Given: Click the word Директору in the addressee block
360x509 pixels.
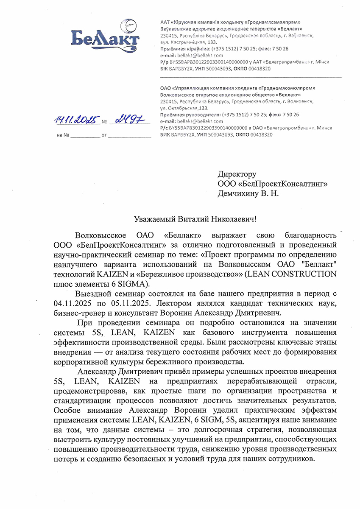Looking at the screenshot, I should click(x=237, y=174).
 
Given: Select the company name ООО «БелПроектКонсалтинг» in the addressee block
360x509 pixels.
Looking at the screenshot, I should click(x=273, y=183).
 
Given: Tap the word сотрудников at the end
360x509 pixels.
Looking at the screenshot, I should click(x=291, y=459).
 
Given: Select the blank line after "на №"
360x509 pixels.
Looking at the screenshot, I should click(x=85, y=136).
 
